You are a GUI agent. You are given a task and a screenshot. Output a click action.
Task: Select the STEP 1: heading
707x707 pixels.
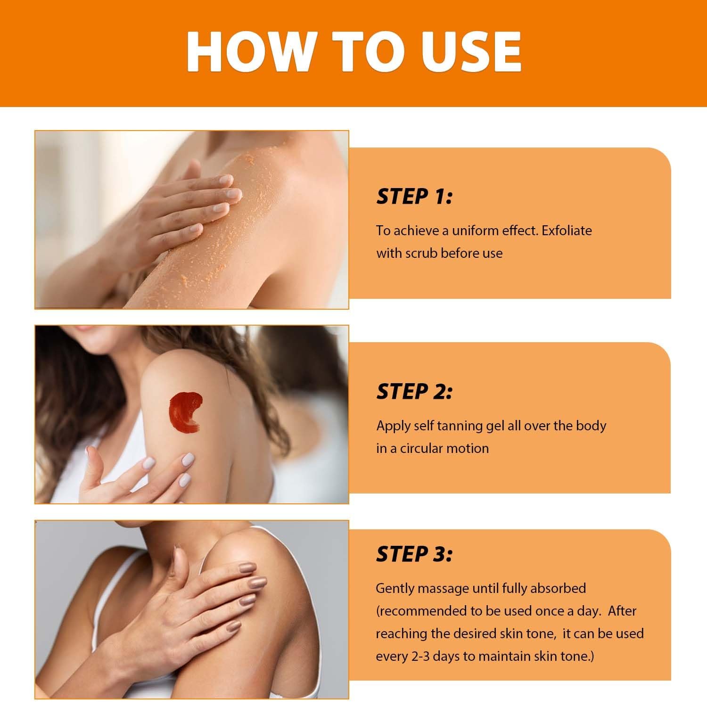tap(414, 197)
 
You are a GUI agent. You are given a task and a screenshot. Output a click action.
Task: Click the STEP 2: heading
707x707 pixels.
tap(414, 391)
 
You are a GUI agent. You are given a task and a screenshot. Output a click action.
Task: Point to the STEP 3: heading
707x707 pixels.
tap(414, 554)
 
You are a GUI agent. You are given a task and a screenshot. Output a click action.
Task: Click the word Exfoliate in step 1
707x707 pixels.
tap(567, 230)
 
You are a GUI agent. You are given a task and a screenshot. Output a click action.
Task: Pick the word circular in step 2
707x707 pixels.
tap(421, 448)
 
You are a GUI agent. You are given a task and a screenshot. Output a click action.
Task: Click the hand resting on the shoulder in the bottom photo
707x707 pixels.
tap(207, 608)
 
